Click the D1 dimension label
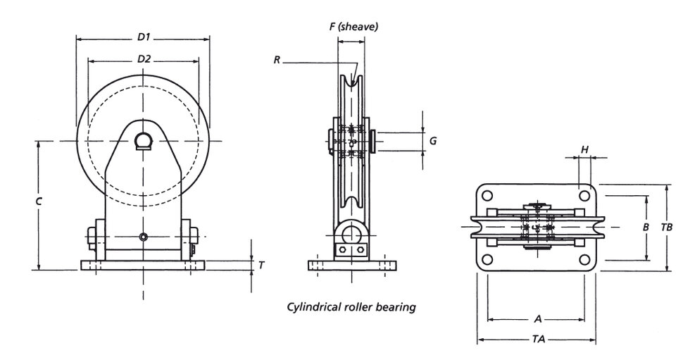point(144,36)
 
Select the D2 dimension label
point(144,59)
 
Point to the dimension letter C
point(39,201)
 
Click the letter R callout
point(277,61)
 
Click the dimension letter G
point(433,141)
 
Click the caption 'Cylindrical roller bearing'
point(351,306)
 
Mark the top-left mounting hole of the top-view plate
point(488,194)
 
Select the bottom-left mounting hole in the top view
point(488,261)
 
